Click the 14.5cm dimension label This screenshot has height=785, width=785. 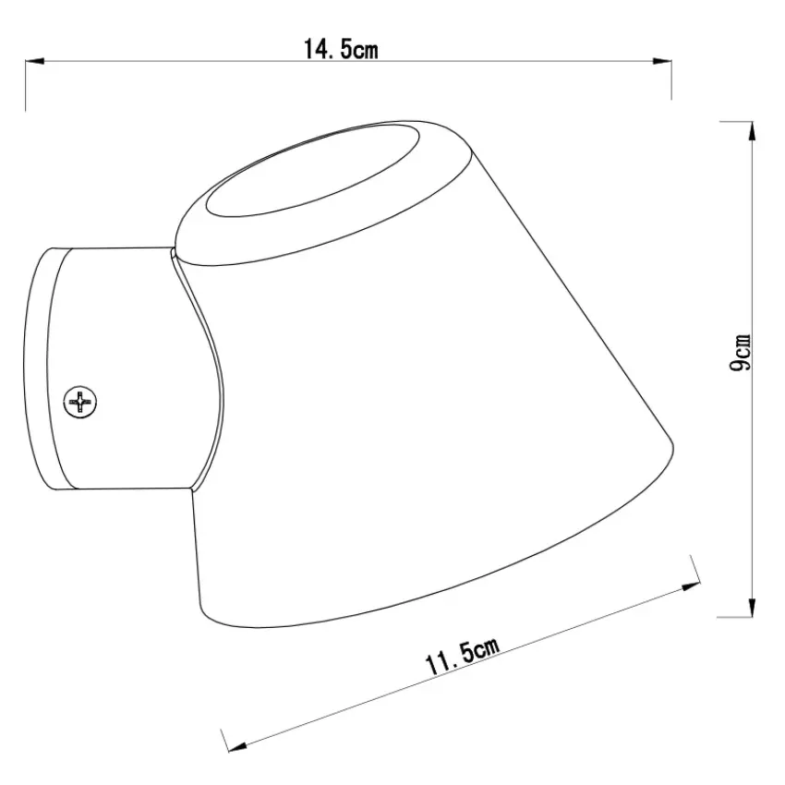click(341, 49)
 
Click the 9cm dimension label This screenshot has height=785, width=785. click(740, 353)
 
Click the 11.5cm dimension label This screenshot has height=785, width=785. click(462, 657)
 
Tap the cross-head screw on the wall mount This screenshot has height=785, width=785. click(80, 402)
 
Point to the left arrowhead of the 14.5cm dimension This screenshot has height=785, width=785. click(35, 61)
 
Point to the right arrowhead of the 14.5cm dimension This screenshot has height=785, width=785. click(662, 61)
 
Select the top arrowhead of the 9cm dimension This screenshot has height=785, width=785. click(751, 132)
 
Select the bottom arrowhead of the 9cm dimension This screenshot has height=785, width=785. click(751, 607)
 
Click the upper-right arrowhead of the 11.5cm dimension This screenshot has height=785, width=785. click(690, 586)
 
